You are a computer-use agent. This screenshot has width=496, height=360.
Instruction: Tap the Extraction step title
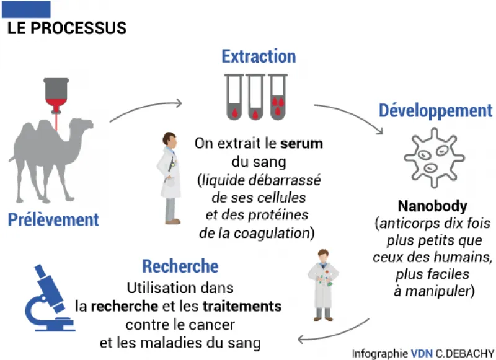(x=259, y=57)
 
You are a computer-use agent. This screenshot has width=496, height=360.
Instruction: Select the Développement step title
(x=435, y=112)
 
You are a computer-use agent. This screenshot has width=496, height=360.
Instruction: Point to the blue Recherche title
(x=180, y=266)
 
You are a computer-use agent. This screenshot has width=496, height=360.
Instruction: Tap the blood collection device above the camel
(x=57, y=96)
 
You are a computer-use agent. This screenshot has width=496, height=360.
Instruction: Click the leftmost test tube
(x=233, y=97)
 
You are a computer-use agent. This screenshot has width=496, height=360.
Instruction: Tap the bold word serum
(x=301, y=144)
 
